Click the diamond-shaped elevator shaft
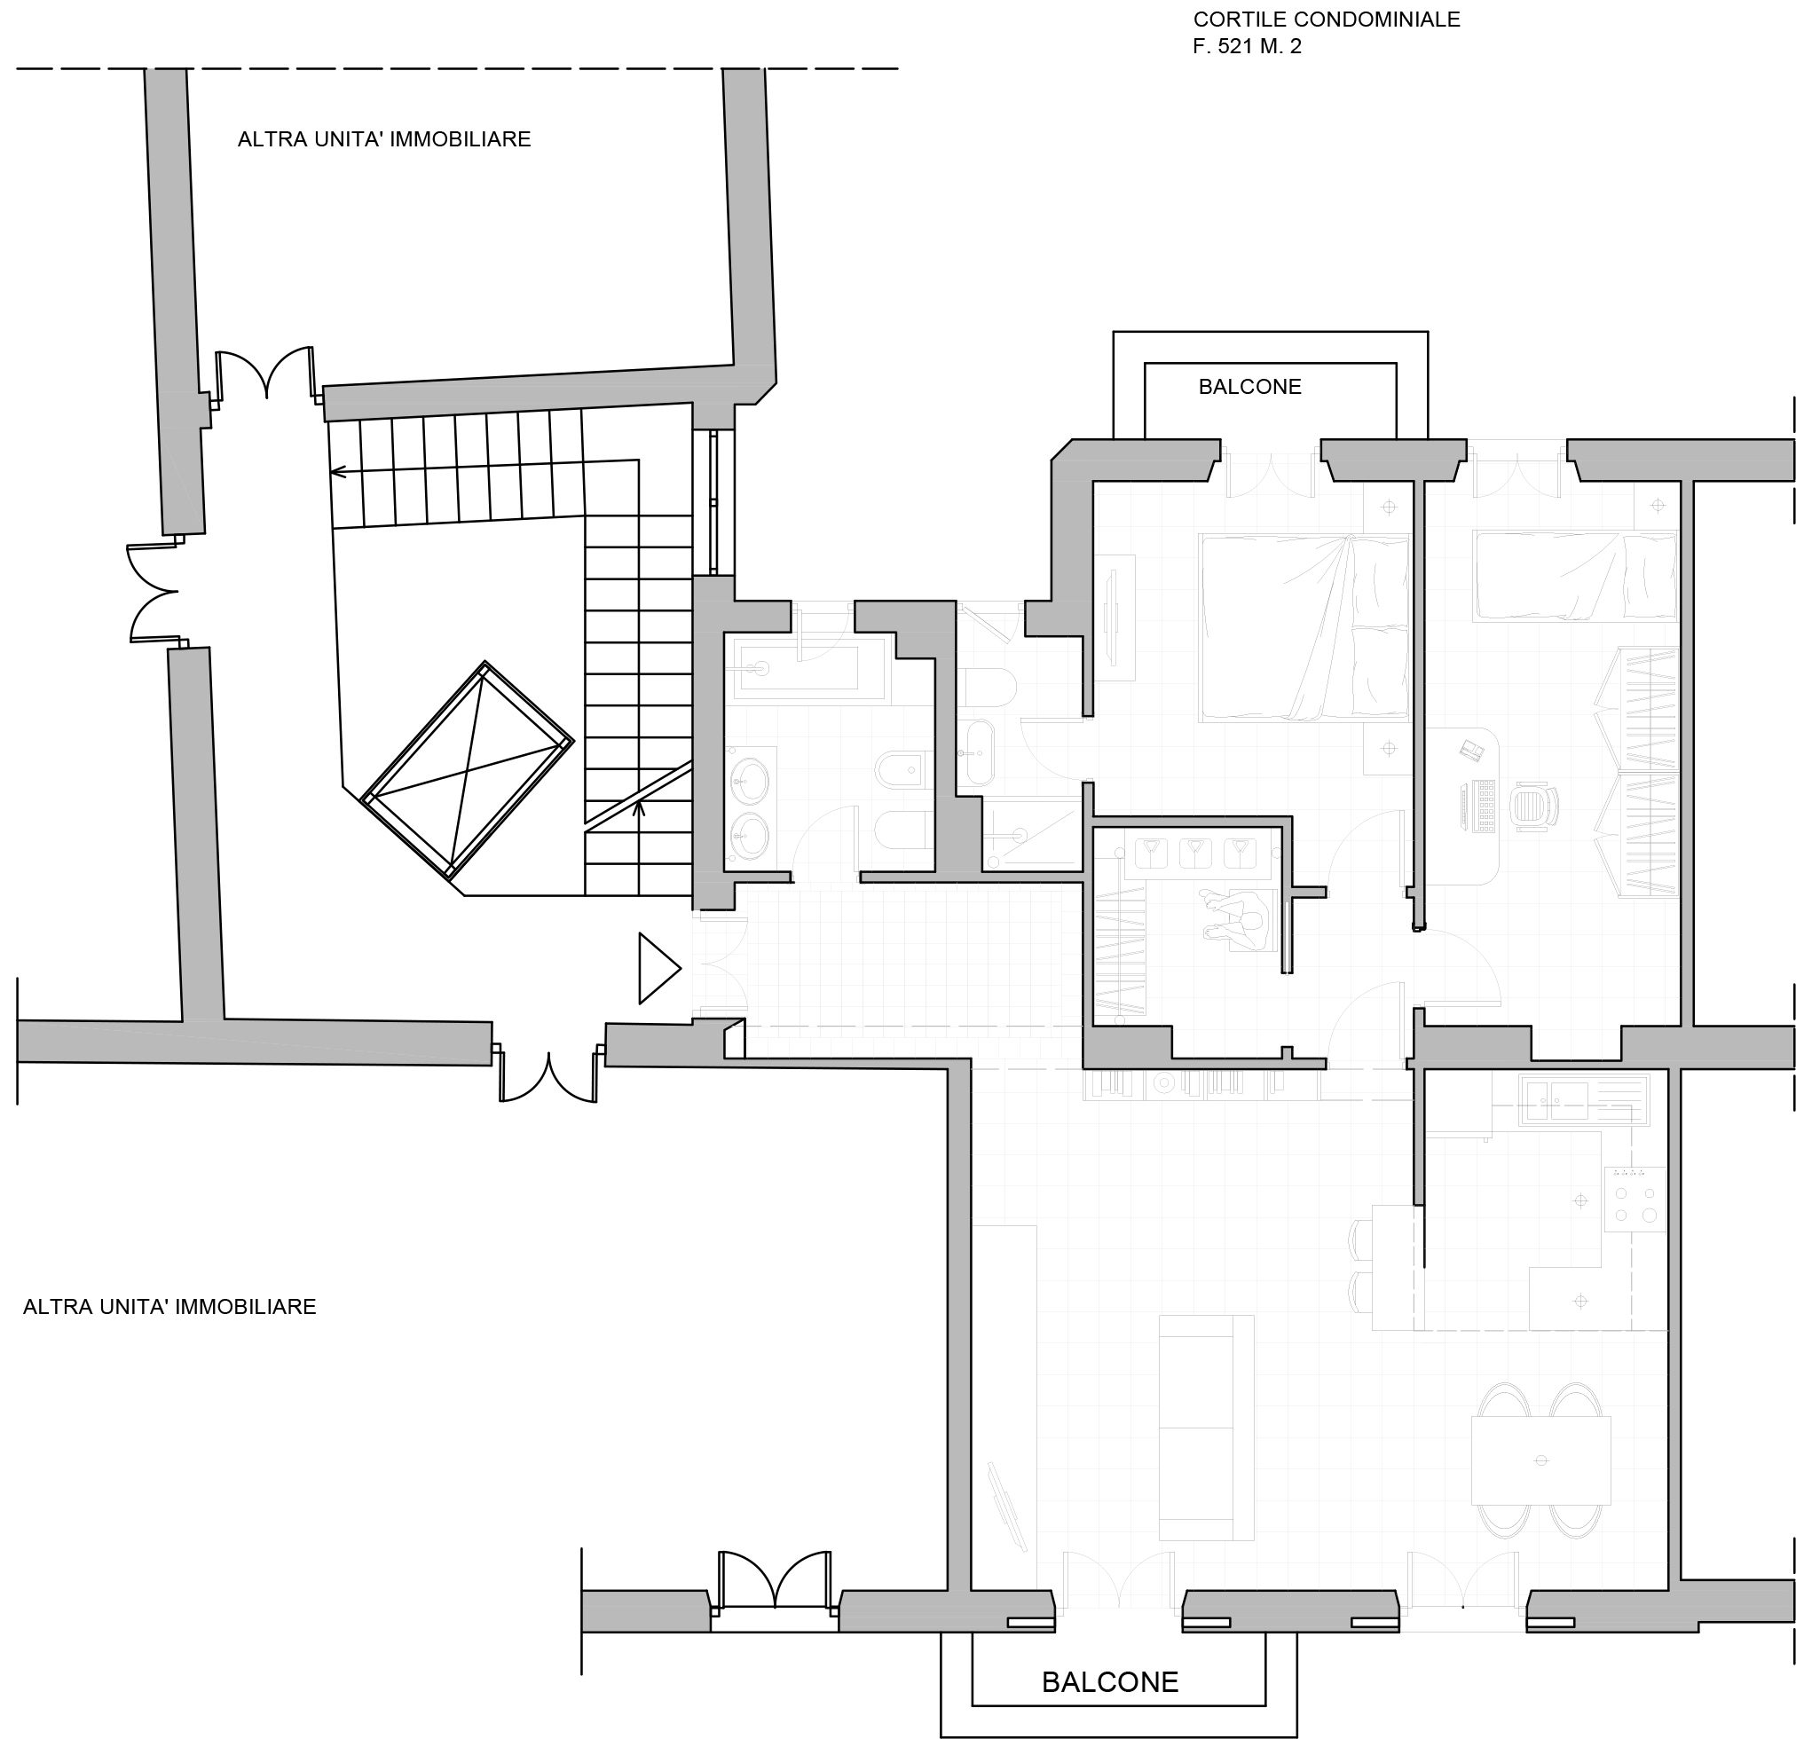[x=468, y=769]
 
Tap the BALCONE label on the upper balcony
[x=1250, y=387]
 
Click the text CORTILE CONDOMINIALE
[x=1327, y=20]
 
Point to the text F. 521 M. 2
[x=1247, y=46]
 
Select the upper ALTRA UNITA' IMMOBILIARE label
[x=384, y=139]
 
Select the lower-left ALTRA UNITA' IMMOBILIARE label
[x=169, y=1307]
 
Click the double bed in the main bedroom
[x=1304, y=628]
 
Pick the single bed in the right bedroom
[x=1574, y=578]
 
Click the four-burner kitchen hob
[x=1635, y=1200]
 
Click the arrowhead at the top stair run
[x=337, y=472]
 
